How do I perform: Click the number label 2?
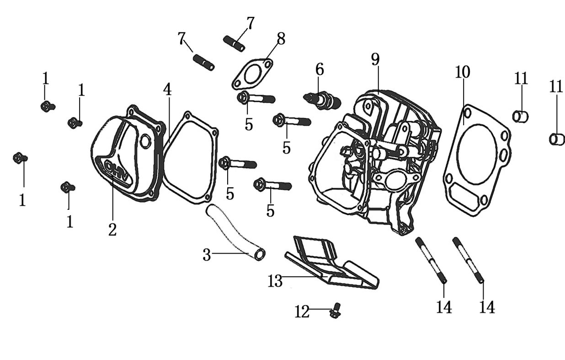(x=112, y=229)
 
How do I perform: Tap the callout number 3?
(x=207, y=255)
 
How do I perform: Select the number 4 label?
(x=168, y=90)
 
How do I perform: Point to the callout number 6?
(x=320, y=70)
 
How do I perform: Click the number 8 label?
(x=281, y=39)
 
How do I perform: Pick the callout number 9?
(x=375, y=59)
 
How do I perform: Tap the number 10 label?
(x=462, y=72)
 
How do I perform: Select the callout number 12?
(x=302, y=312)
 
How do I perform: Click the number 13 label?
(x=275, y=281)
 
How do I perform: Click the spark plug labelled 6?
(x=323, y=100)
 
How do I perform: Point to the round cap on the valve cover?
(x=145, y=142)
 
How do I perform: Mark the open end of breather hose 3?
(x=259, y=254)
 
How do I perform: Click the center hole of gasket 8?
(x=251, y=74)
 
